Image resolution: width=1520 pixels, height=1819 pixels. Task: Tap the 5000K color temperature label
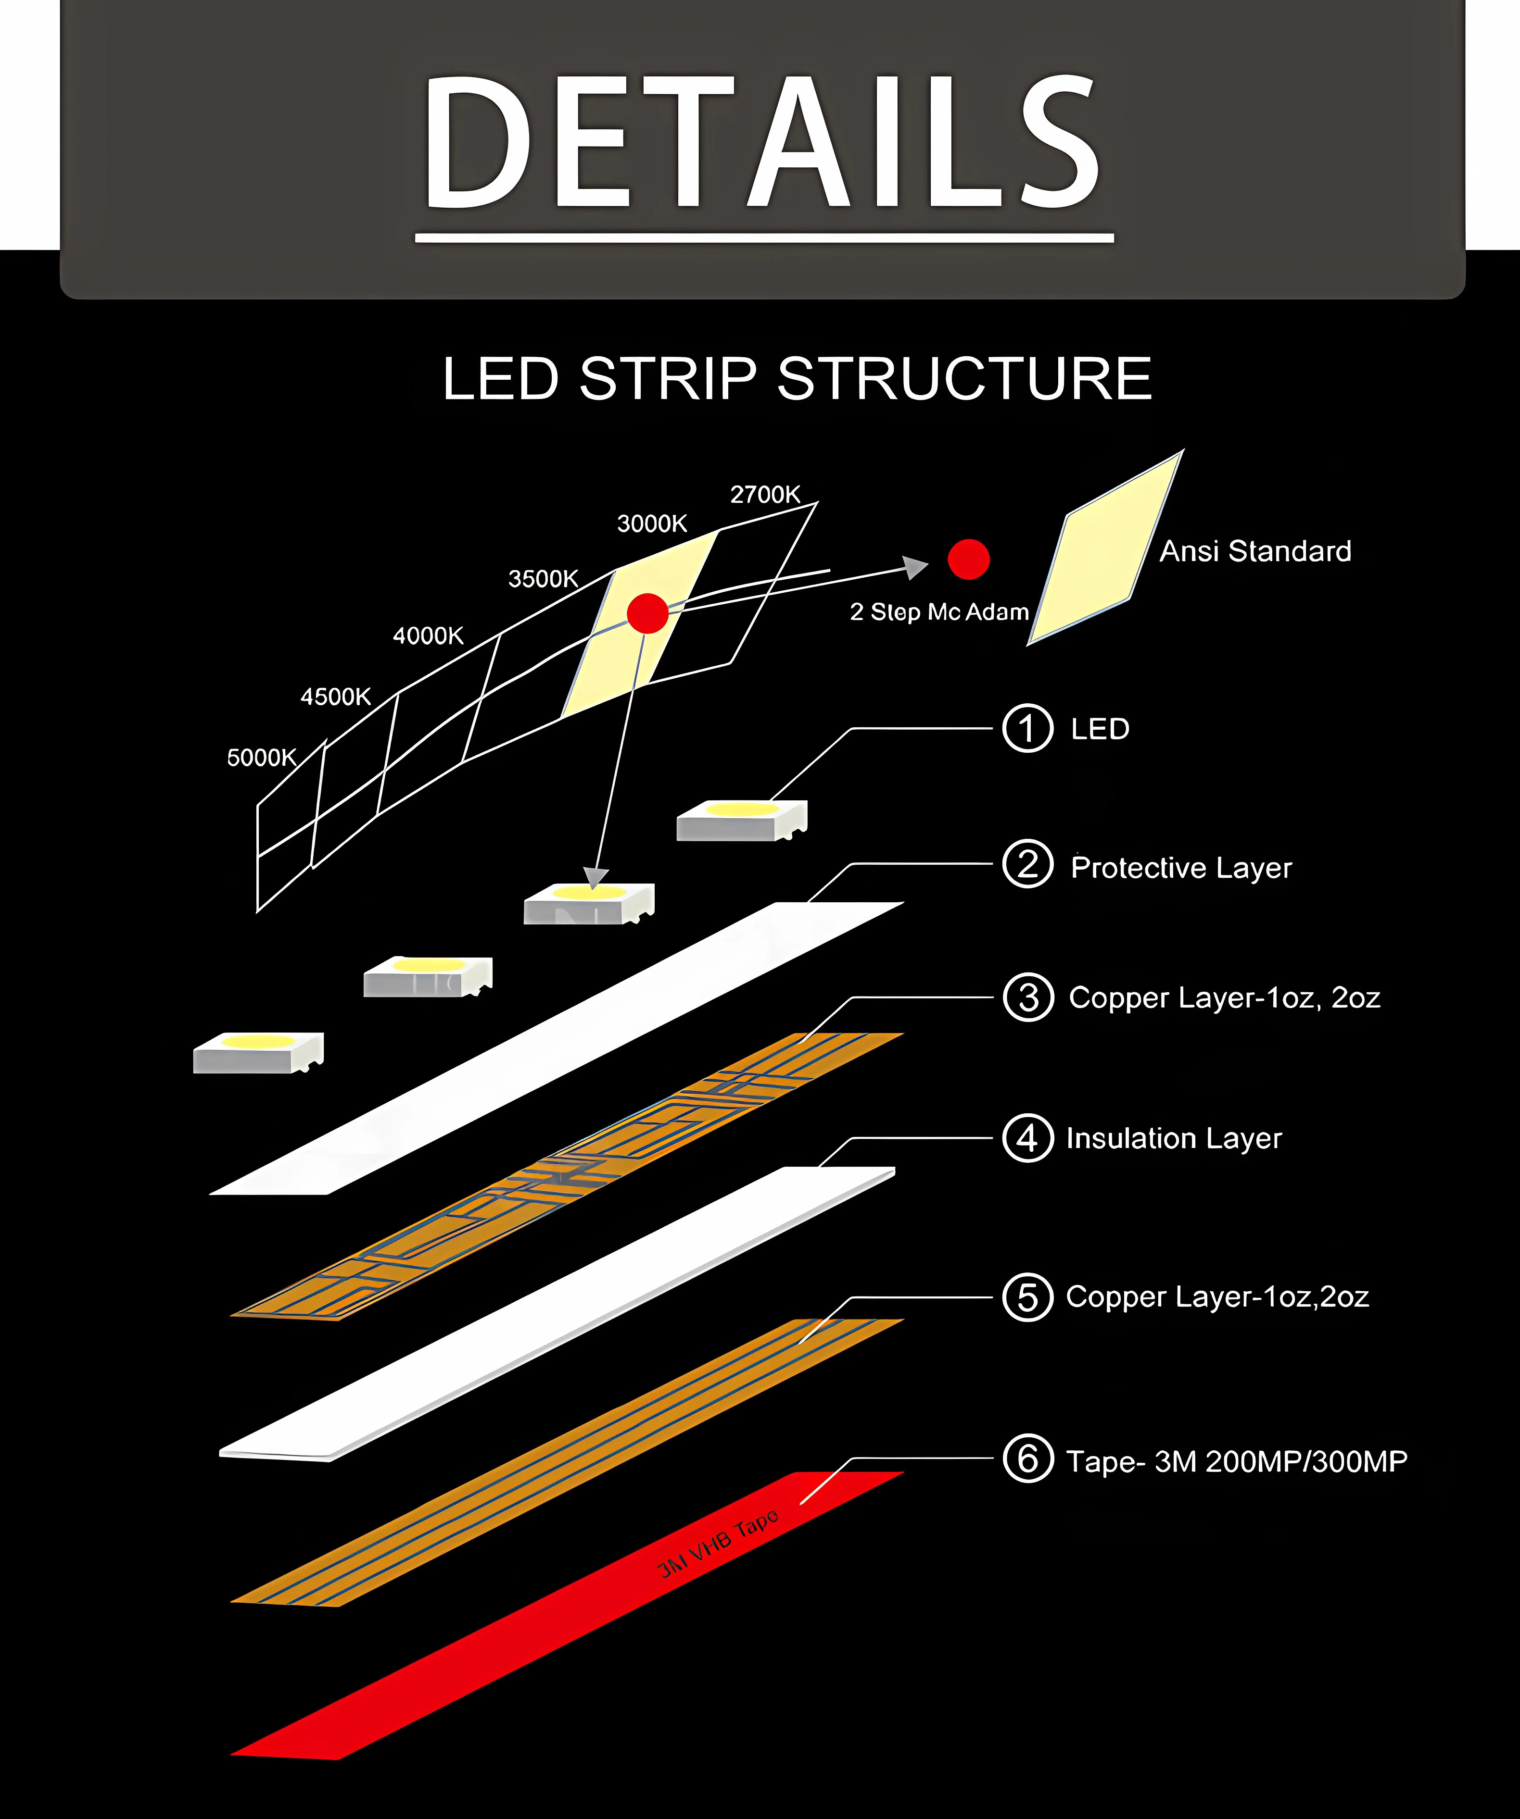click(262, 758)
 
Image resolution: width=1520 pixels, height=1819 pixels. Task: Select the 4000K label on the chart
click(428, 636)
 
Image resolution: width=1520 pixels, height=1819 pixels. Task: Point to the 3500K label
click(543, 579)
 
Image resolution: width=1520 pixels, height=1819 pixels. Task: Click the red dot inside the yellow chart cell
click(647, 613)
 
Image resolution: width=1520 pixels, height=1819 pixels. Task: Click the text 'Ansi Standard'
click(1255, 551)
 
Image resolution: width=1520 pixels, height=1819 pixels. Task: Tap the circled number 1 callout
click(1028, 728)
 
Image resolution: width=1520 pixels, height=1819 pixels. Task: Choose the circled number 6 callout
click(1028, 1458)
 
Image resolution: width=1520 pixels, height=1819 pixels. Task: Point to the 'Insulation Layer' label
click(1173, 1138)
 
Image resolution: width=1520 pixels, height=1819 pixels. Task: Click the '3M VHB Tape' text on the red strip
click(718, 1545)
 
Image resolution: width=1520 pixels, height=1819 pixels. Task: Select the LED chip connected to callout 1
click(742, 820)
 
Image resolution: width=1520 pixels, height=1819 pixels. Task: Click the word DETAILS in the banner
click(762, 143)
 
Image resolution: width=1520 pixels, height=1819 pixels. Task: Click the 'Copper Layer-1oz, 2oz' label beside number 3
click(1224, 998)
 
